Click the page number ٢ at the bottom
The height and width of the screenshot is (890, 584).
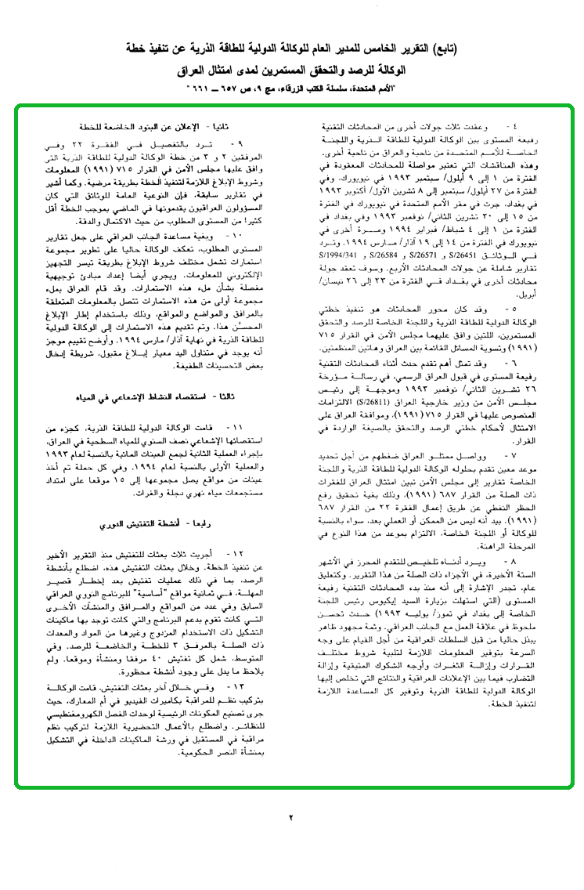click(x=291, y=816)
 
